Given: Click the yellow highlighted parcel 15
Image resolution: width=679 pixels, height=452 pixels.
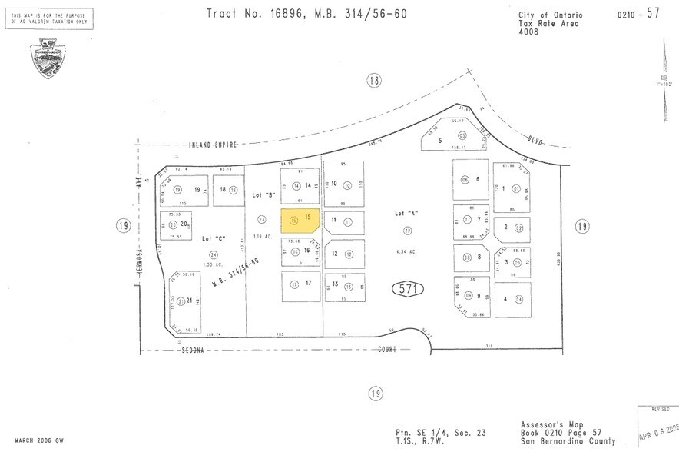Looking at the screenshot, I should click(300, 221).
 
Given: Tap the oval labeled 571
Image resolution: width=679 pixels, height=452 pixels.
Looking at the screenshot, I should click(409, 289).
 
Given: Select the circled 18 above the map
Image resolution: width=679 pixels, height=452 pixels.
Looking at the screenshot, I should click(373, 81).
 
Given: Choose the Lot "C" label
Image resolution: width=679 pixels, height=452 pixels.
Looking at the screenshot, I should click(213, 239).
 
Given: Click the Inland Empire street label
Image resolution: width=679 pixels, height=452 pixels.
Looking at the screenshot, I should click(214, 144).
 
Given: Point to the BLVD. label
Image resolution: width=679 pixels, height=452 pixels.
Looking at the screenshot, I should click(535, 141).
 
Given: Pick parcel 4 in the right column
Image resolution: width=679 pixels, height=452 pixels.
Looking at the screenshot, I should click(512, 298).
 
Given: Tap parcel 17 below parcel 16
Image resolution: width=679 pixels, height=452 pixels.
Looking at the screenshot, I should click(301, 284).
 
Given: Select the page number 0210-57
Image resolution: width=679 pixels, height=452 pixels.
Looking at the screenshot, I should click(637, 15).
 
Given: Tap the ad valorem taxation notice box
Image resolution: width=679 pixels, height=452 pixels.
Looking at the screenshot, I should click(52, 18).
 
